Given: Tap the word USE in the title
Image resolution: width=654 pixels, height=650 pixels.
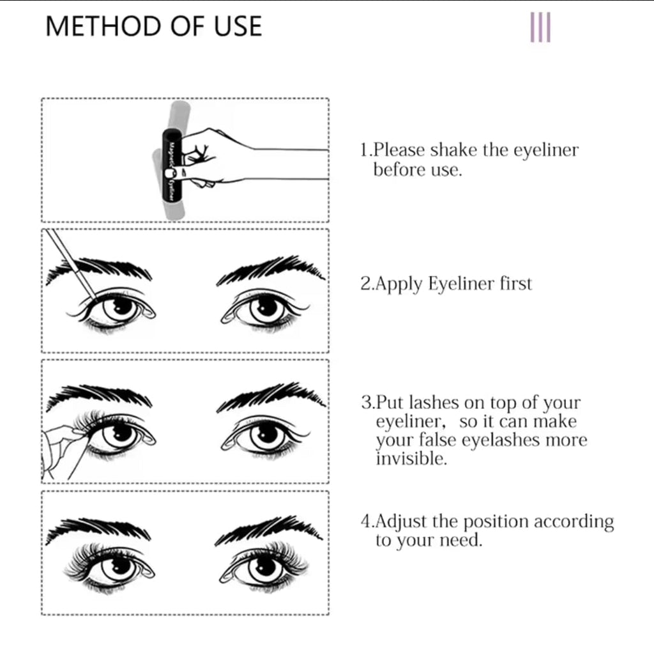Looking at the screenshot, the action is (238, 26).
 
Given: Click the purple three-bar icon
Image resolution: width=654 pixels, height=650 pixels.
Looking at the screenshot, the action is (540, 27).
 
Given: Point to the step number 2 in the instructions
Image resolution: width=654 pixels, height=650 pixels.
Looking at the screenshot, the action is (366, 284).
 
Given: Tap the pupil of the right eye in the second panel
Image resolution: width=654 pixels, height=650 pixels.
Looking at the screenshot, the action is (266, 307).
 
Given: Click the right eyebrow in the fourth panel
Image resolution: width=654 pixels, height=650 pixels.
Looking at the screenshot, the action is (269, 530).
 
